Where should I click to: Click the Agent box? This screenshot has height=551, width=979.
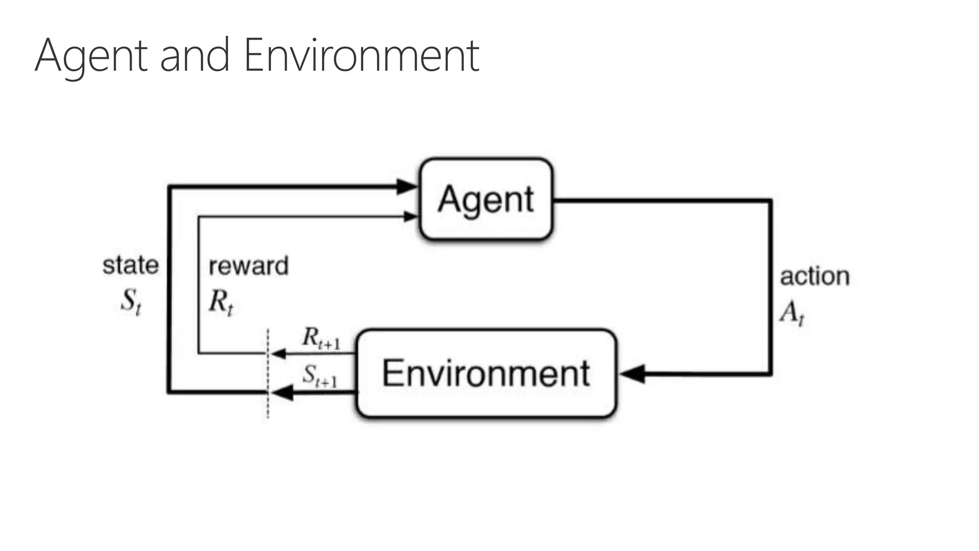486,199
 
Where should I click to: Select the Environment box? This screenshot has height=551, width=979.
486,374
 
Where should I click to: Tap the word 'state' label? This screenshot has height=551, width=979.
131,265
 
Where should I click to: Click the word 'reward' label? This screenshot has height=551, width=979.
249,266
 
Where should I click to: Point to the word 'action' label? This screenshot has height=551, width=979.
815,276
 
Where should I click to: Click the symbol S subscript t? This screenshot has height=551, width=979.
131,301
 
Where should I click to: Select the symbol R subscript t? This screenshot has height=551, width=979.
221,302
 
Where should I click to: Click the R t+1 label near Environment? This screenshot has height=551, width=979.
321,338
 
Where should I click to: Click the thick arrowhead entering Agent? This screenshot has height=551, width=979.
406,187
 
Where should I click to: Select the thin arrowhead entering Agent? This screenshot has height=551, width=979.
410,217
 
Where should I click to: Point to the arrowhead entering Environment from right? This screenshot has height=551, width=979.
632,374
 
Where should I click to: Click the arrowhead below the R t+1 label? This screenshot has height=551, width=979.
278,354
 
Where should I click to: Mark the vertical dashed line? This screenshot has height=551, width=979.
268,373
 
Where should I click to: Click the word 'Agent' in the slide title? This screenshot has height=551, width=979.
91,56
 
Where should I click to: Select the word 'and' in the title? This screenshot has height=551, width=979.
195,56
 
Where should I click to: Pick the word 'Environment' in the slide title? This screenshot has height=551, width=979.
361,56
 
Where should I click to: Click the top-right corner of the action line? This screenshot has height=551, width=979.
770,201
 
